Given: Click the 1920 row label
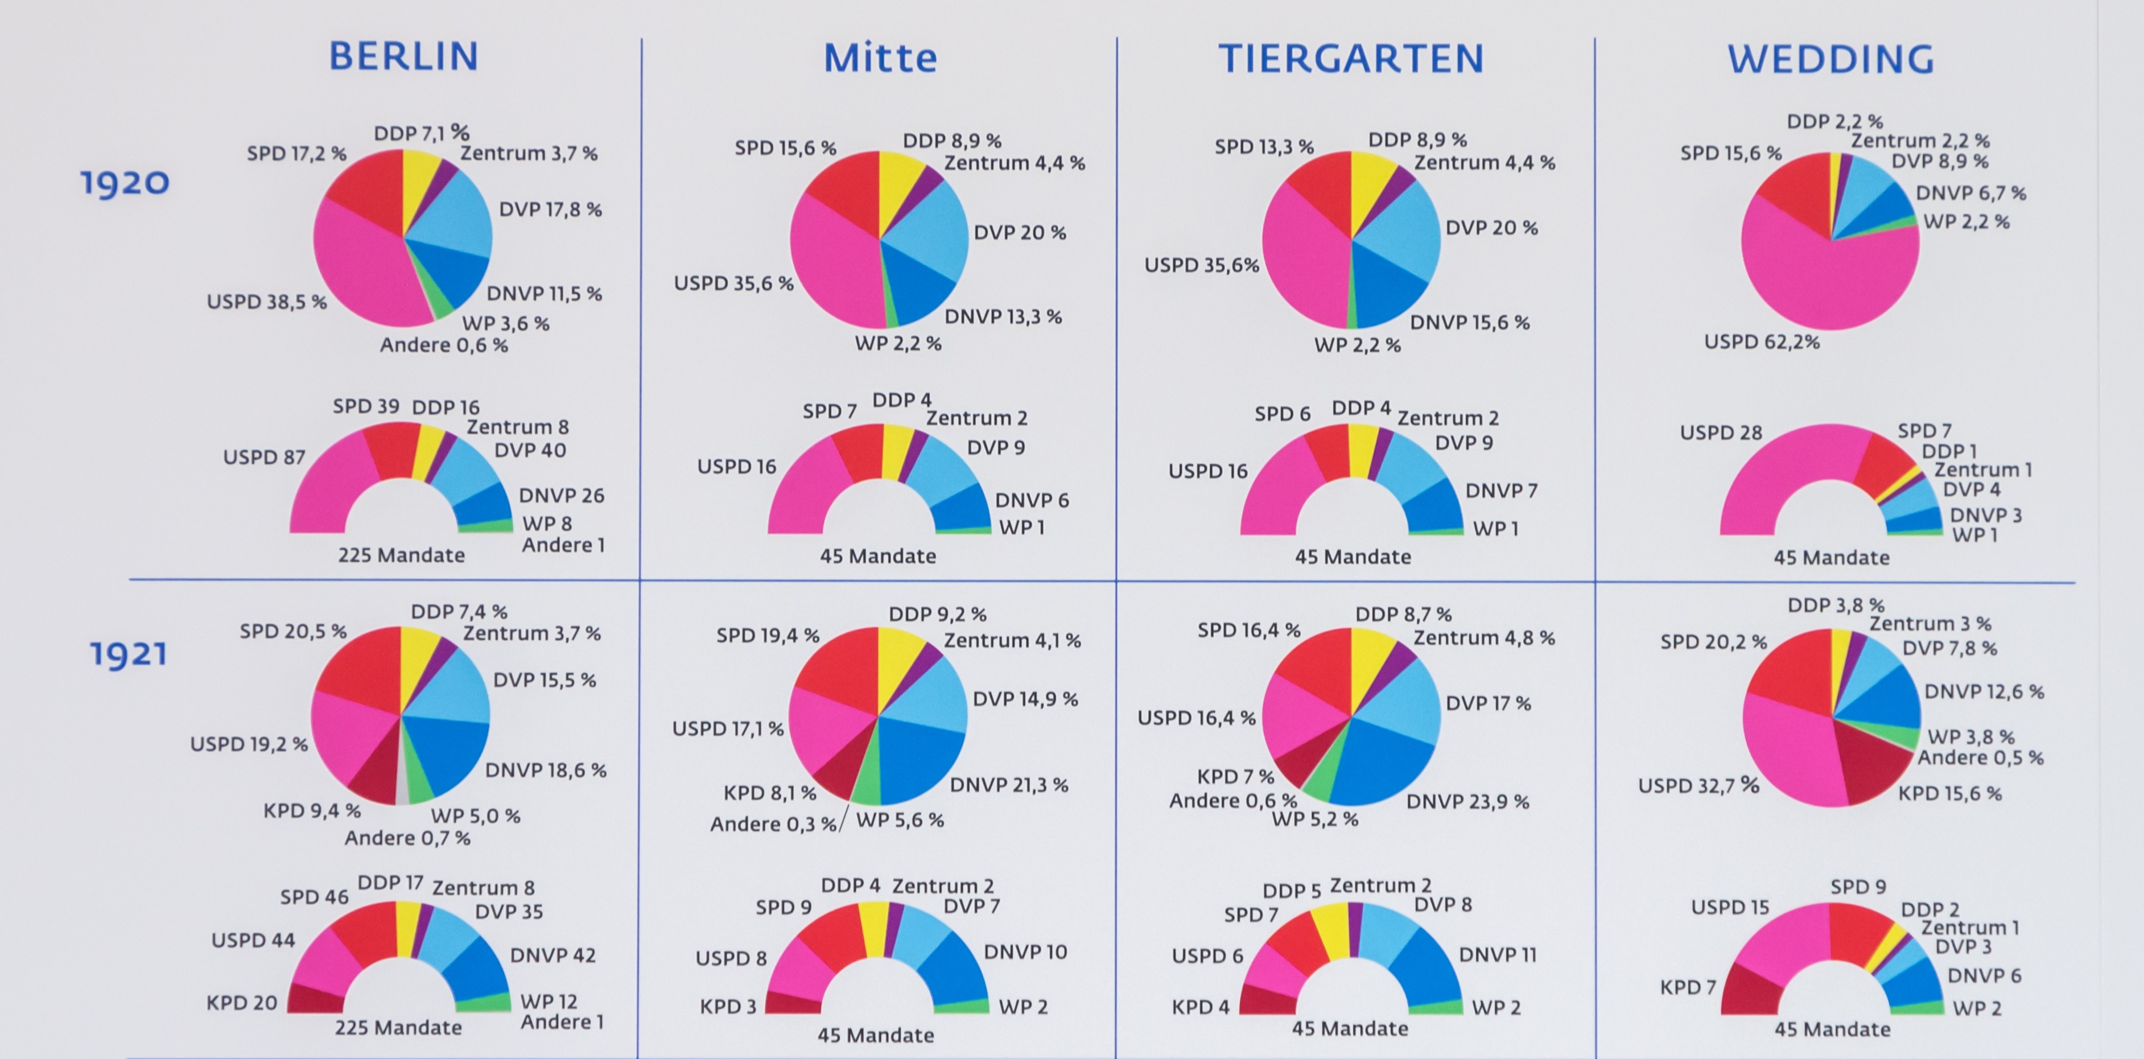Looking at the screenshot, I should (125, 182).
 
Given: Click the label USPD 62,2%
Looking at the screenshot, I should (1762, 342).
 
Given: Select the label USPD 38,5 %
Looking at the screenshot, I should (266, 302).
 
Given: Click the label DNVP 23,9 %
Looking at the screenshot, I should (1468, 802).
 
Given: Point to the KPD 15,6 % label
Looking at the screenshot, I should (1949, 793).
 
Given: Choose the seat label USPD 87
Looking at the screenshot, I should (264, 457).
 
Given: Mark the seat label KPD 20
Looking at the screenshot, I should (241, 1003).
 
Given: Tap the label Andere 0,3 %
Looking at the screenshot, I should (772, 824).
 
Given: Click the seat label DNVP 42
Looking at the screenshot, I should (553, 955).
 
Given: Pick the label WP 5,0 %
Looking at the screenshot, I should (475, 816).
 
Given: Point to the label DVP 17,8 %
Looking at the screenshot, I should (550, 210).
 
